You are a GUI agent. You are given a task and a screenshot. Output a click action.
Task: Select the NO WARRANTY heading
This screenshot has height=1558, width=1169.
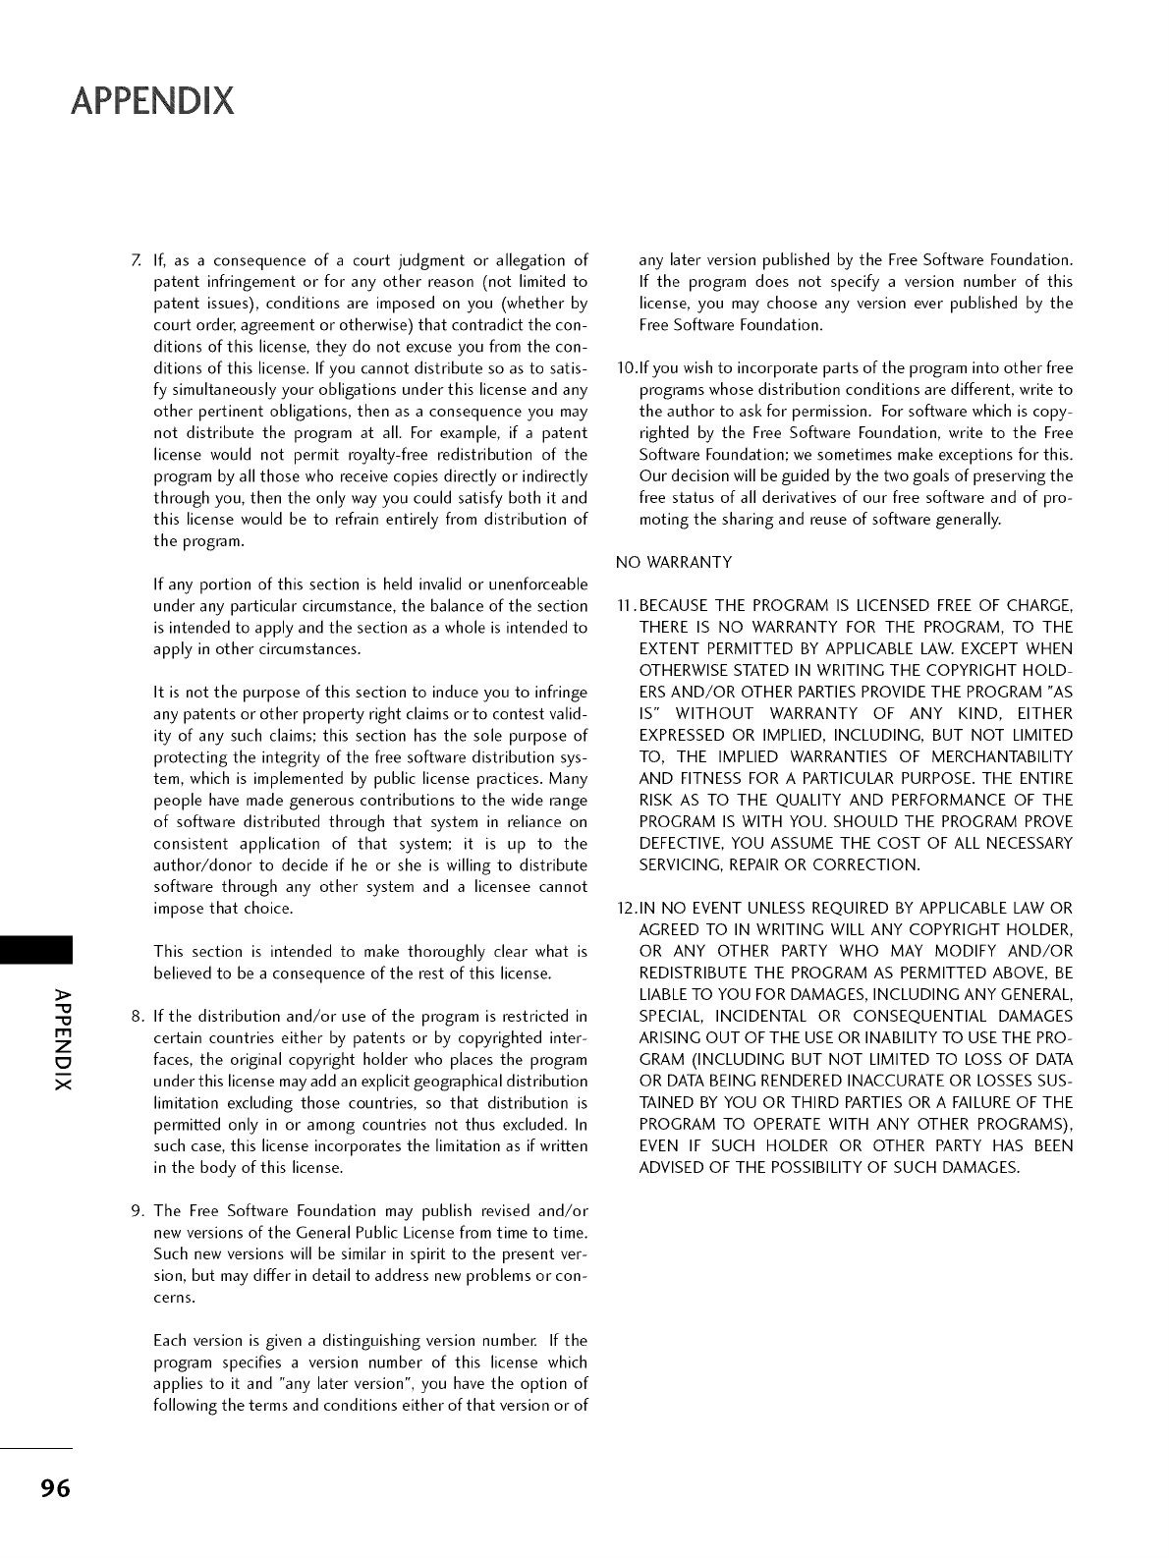pyautogui.click(x=674, y=563)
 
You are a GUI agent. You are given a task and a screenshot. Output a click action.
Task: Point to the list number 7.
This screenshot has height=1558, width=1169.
pyautogui.click(x=135, y=260)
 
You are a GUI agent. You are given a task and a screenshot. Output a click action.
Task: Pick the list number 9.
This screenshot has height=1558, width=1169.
pyautogui.click(x=136, y=1211)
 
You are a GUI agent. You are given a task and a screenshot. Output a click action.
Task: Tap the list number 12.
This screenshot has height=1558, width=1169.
pyautogui.click(x=626, y=909)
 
